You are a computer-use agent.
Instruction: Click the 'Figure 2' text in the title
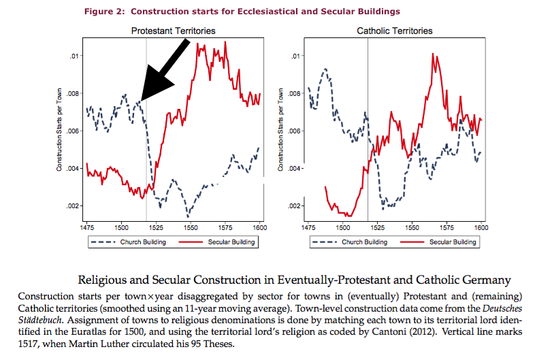(x=105, y=12)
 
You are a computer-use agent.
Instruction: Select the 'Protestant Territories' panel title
(x=173, y=31)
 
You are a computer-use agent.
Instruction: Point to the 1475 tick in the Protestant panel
(x=87, y=226)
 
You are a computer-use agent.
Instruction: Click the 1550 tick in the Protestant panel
(x=190, y=226)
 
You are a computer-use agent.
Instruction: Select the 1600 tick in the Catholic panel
(x=482, y=226)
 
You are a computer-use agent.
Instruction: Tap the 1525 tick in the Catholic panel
(x=377, y=226)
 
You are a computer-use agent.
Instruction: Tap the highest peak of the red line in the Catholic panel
(x=433, y=54)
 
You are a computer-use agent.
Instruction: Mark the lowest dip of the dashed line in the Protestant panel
(x=188, y=216)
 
